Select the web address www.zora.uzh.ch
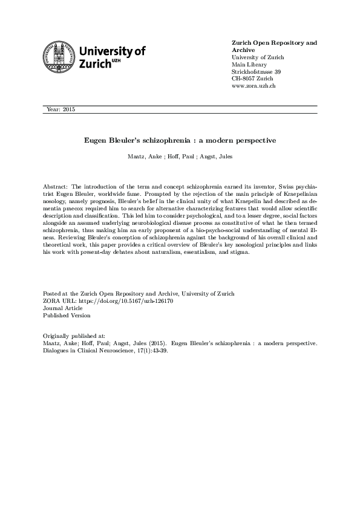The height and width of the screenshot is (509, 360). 254,86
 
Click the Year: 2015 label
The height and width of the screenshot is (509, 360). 61,109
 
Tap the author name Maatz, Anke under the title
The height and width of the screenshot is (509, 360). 141,156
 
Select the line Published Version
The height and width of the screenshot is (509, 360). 67,315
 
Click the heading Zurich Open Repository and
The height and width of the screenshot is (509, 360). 274,44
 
